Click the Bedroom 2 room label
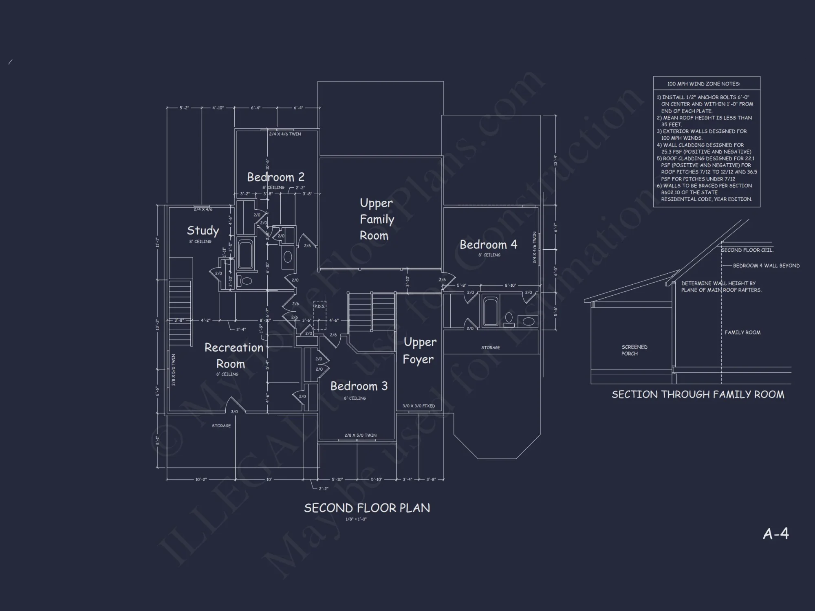pyautogui.click(x=275, y=177)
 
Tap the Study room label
pyautogui.click(x=203, y=231)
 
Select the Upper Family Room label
pyautogui.click(x=377, y=219)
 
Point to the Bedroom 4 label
pyautogui.click(x=488, y=244)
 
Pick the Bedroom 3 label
pyautogui.click(x=359, y=386)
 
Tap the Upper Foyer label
pyautogui.click(x=419, y=351)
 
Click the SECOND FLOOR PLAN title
pyautogui.click(x=367, y=508)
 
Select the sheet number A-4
pyautogui.click(x=775, y=534)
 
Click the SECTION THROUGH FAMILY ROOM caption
pyautogui.click(x=698, y=394)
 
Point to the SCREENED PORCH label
pyautogui.click(x=634, y=350)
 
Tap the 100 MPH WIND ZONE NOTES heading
pyautogui.click(x=703, y=84)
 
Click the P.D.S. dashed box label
pyautogui.click(x=319, y=306)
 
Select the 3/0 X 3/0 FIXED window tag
pyautogui.click(x=419, y=406)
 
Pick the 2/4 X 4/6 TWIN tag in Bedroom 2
pyautogui.click(x=285, y=134)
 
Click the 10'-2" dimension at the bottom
pyautogui.click(x=201, y=479)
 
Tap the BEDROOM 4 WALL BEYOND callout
pyautogui.click(x=766, y=266)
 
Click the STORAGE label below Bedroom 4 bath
pyautogui.click(x=490, y=347)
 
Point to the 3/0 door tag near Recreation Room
pyautogui.click(x=234, y=412)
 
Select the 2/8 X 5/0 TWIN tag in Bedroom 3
pyautogui.click(x=360, y=435)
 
